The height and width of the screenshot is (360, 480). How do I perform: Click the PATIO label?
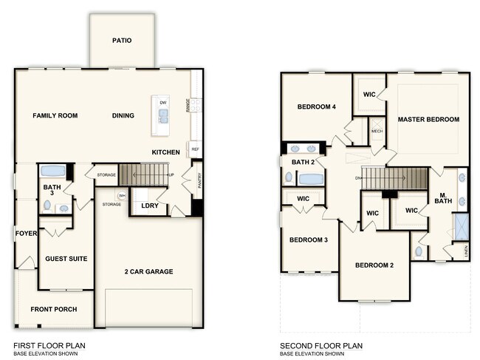[x=122, y=41]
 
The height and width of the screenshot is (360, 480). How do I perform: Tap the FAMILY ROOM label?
[x=55, y=115]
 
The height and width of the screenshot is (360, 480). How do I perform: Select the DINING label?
[x=123, y=115]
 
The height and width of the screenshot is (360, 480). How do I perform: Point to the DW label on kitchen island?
[x=162, y=102]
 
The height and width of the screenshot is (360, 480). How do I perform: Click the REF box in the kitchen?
[x=196, y=149]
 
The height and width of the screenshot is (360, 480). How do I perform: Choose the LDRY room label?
[x=150, y=205]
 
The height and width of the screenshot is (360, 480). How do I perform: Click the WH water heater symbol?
[x=123, y=195]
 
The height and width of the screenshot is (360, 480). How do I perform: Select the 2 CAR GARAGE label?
[x=148, y=271]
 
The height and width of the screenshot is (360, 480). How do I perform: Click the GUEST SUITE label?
[x=66, y=259]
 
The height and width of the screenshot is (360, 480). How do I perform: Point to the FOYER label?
[x=26, y=234]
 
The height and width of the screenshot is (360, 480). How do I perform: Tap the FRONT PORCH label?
[x=53, y=309]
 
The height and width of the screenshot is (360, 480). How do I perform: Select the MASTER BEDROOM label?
[x=428, y=119]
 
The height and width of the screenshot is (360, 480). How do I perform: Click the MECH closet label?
[x=377, y=131]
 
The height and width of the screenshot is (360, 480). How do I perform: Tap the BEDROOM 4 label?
[x=317, y=107]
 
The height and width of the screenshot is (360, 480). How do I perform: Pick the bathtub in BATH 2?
[x=311, y=178]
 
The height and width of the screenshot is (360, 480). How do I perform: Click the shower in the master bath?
[x=462, y=225]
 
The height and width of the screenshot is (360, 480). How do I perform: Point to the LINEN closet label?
[x=466, y=252]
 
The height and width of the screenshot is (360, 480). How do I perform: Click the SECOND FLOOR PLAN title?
[x=321, y=345]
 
